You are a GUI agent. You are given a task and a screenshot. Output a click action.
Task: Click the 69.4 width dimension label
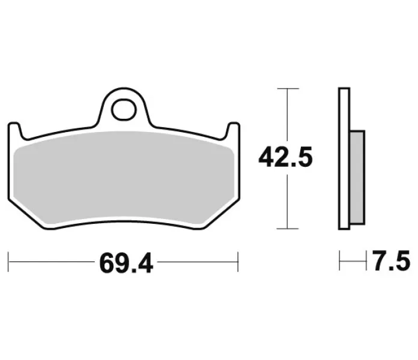pyautogui.click(x=126, y=263)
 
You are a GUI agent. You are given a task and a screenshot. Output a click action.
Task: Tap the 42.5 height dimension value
pyautogui.click(x=285, y=157)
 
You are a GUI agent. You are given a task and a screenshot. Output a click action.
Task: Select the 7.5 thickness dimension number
pyautogui.click(x=392, y=260)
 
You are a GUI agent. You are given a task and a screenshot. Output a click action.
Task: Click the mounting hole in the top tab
pyautogui.click(x=124, y=109)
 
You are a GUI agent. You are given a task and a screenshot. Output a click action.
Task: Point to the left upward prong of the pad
pyautogui.click(x=15, y=130)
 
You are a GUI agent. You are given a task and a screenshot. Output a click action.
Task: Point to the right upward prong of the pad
pyautogui.click(x=233, y=130)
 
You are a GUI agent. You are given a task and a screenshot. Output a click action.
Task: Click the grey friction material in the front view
pyautogui.click(x=124, y=178)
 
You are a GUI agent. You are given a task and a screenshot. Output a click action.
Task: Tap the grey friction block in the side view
pyautogui.click(x=357, y=178)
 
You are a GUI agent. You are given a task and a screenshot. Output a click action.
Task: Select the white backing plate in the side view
pyautogui.click(x=344, y=158)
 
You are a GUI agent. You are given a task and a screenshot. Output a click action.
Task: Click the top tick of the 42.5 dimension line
pyautogui.click(x=288, y=88)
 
